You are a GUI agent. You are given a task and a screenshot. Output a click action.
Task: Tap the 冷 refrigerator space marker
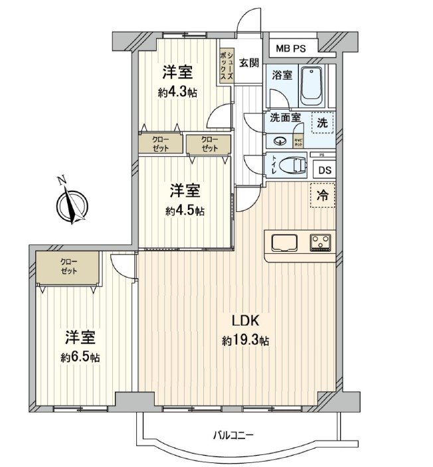[x=322, y=196]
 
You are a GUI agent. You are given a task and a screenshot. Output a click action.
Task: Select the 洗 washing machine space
[x=321, y=122]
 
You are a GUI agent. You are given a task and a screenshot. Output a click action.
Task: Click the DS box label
[x=323, y=170]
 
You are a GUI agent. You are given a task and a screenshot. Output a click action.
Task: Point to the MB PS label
[x=292, y=48]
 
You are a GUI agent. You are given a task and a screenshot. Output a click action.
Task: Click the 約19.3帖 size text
[x=245, y=341]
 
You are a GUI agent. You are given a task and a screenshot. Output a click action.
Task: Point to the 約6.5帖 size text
[x=80, y=357]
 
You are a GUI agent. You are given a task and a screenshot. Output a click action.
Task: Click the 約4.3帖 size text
[x=177, y=93]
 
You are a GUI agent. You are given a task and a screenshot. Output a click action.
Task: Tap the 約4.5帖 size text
[x=185, y=211]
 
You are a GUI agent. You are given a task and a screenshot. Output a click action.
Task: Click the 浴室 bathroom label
[x=282, y=75]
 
